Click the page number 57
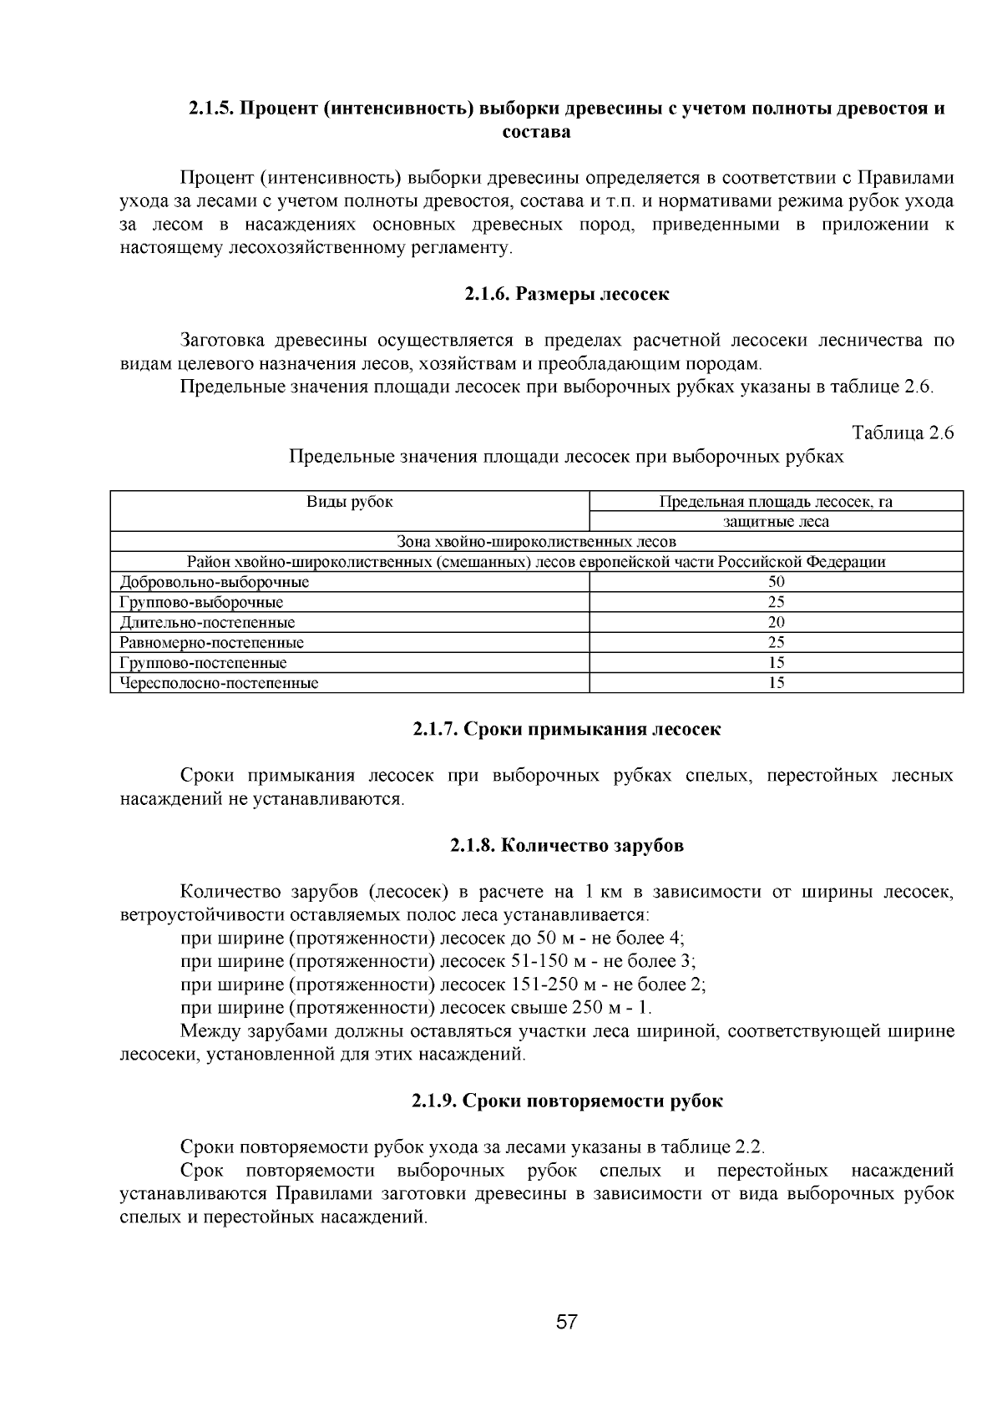567,1323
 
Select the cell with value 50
776,582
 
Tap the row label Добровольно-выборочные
215,582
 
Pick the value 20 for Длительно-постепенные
776,622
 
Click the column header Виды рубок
350,502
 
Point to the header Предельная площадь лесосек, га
776,502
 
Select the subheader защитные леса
776,522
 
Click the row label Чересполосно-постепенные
220,683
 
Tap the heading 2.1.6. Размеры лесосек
567,294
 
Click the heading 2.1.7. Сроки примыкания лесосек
567,729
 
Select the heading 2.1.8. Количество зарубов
567,845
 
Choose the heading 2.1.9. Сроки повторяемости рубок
567,1101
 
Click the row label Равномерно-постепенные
212,643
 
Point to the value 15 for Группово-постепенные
776,663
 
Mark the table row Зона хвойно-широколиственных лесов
536,542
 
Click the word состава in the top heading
536,132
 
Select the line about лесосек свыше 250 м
416,1008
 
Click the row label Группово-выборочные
201,602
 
